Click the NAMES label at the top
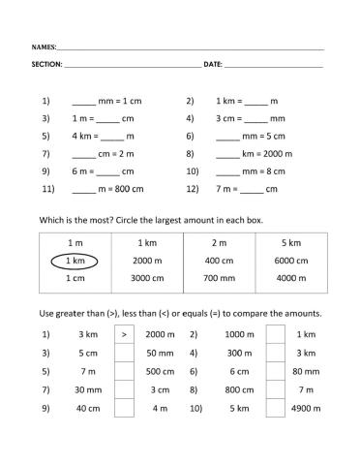pyautogui.click(x=44, y=46)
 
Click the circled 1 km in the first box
pyautogui.click(x=75, y=261)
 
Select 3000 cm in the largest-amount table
pyautogui.click(x=147, y=278)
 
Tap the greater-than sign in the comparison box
pyautogui.click(x=124, y=334)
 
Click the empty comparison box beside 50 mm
pyautogui.click(x=124, y=353)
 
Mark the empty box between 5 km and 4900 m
pyautogui.click(x=274, y=408)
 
